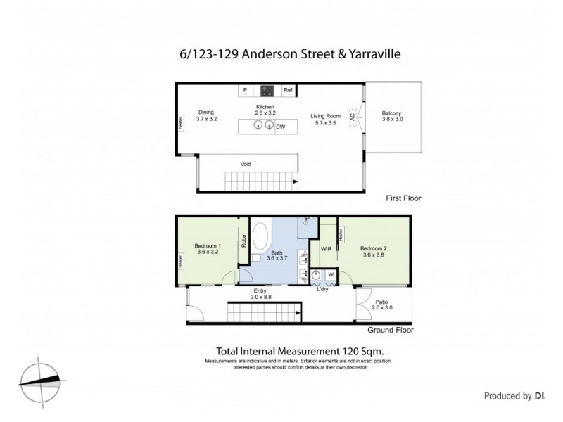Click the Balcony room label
391,117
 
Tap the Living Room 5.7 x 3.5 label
326,120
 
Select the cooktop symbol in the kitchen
267,90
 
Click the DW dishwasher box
280,127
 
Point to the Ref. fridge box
288,91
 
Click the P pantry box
245,91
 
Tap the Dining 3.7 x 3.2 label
205,115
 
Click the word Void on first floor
246,164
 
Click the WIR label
327,249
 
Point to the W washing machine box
331,275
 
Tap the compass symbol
40,381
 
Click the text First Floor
403,198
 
